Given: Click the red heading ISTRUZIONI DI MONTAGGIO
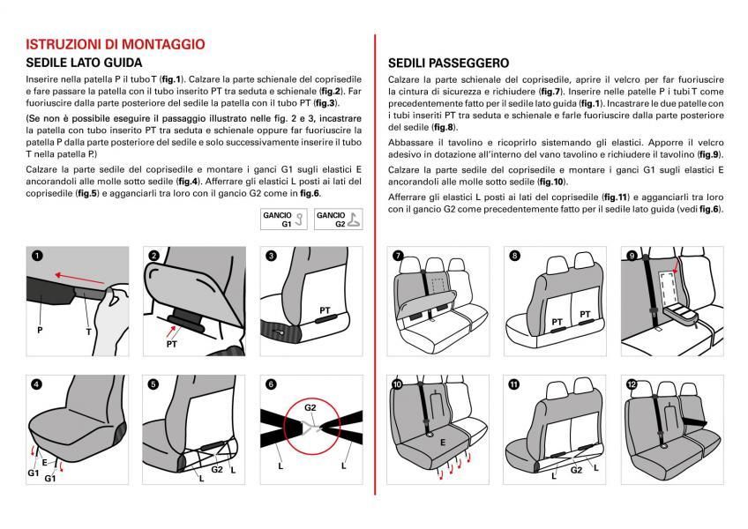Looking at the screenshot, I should pos(116,43).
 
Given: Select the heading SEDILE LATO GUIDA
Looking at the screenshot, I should pos(84,63).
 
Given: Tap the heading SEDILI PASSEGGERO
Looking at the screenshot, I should pos(448,63).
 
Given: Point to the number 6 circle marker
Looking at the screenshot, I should pos(271,384).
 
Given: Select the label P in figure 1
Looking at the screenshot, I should pos(40,330).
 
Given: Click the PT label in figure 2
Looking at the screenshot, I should pos(172,345).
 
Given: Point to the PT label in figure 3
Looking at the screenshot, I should pos(325,310).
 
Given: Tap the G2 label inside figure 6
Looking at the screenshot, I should pos(310,408).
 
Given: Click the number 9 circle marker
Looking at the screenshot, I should pos(632,256).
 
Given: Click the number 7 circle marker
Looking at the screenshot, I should pos(398,256).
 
